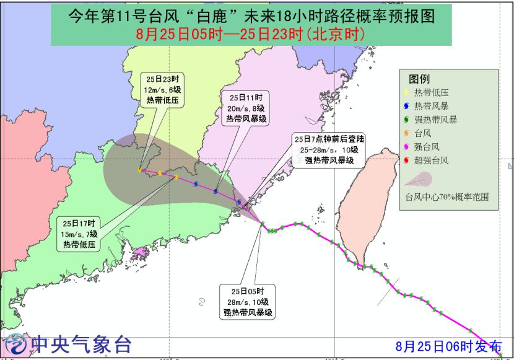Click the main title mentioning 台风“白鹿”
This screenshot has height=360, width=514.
250,15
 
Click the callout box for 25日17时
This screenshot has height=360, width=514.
79,234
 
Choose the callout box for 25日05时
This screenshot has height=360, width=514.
248,302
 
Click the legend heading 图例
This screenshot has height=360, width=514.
419,79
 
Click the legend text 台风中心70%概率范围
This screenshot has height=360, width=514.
447,197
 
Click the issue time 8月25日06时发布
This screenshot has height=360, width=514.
449,346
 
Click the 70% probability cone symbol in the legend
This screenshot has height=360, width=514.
417,180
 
